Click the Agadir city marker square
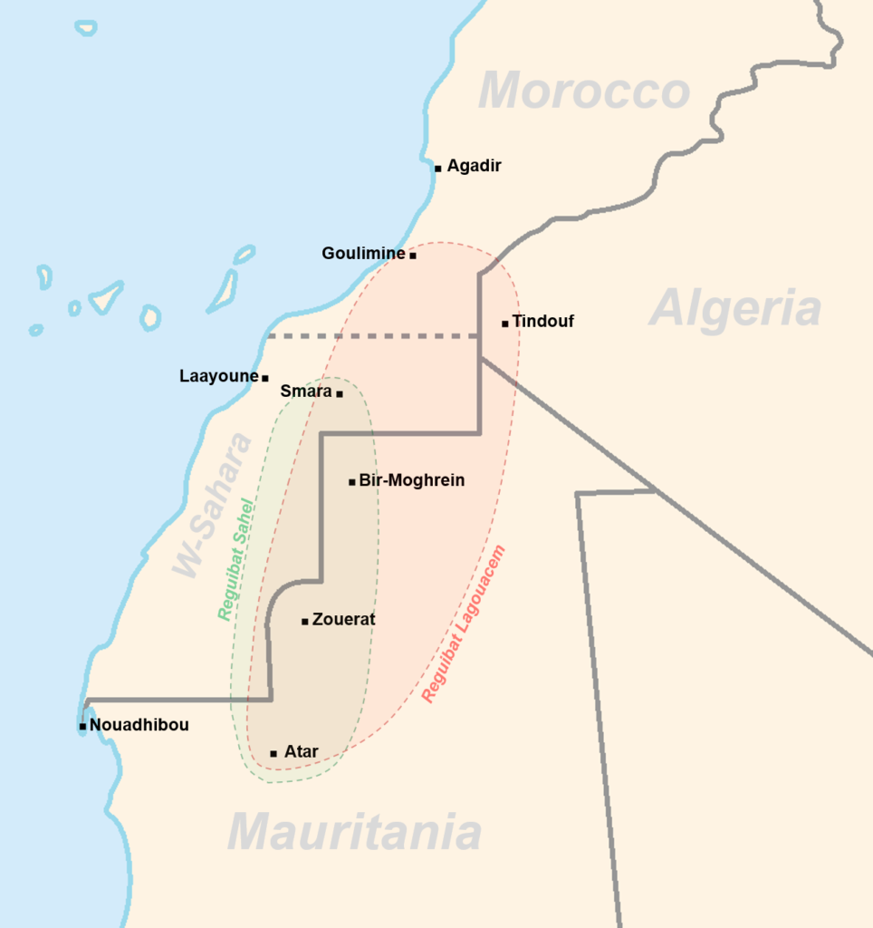[437, 168]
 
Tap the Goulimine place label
[363, 254]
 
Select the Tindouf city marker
[504, 323]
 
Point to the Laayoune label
[219, 375]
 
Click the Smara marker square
[340, 393]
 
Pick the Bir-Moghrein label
[412, 480]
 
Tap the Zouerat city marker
[305, 621]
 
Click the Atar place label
[301, 751]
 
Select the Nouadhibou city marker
[82, 726]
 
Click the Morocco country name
[584, 92]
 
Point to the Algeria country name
[735, 308]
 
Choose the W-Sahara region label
[212, 504]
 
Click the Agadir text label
[474, 166]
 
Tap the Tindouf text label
[542, 321]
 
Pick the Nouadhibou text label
[139, 725]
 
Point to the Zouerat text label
[343, 620]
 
